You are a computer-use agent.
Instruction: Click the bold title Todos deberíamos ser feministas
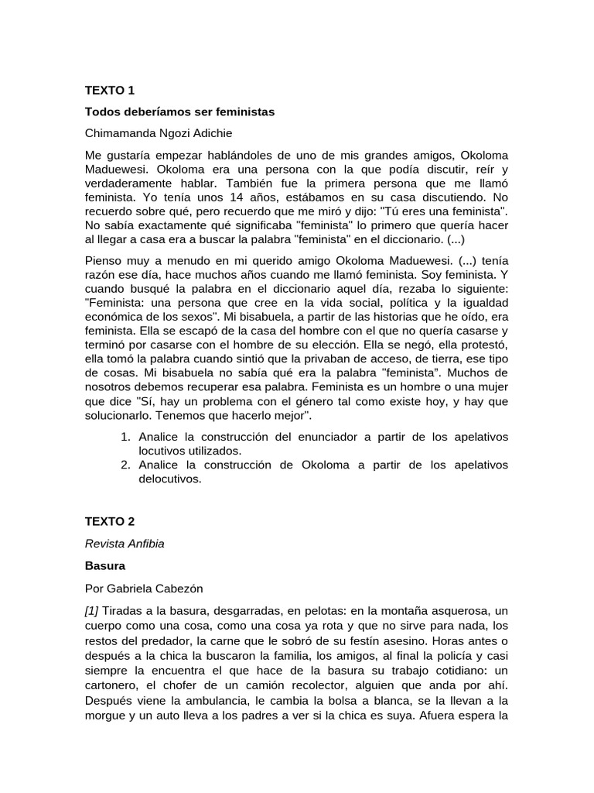pos(179,112)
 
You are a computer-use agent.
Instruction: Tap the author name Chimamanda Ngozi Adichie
pos(157,133)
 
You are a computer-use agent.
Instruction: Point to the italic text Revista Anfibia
pos(125,543)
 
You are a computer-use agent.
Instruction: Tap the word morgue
pos(104,716)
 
